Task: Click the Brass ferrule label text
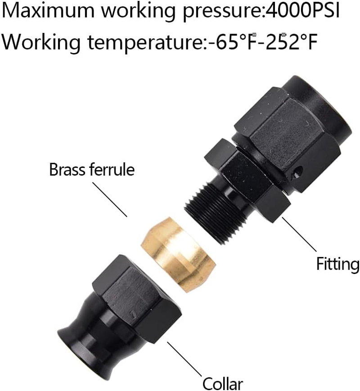[x=92, y=171]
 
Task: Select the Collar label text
[x=222, y=384]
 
